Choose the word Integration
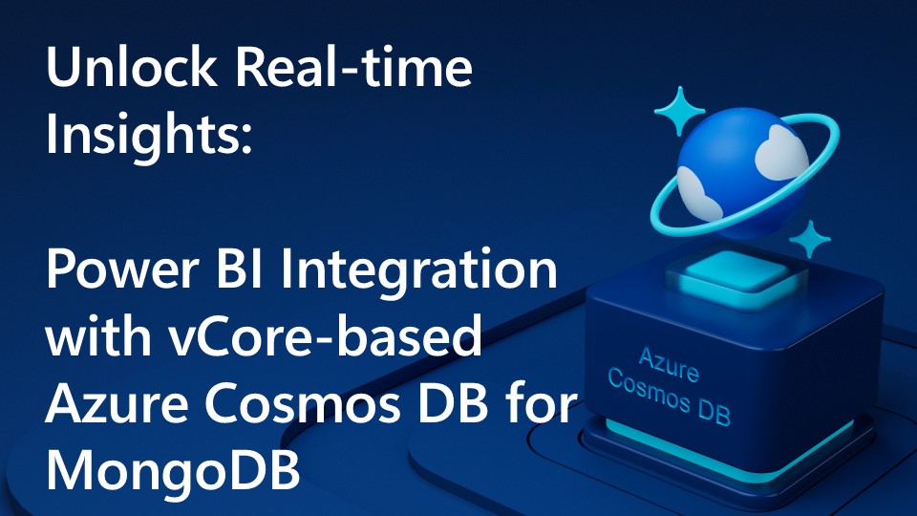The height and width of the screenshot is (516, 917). coord(431,273)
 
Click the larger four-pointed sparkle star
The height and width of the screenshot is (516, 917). coord(681,112)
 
